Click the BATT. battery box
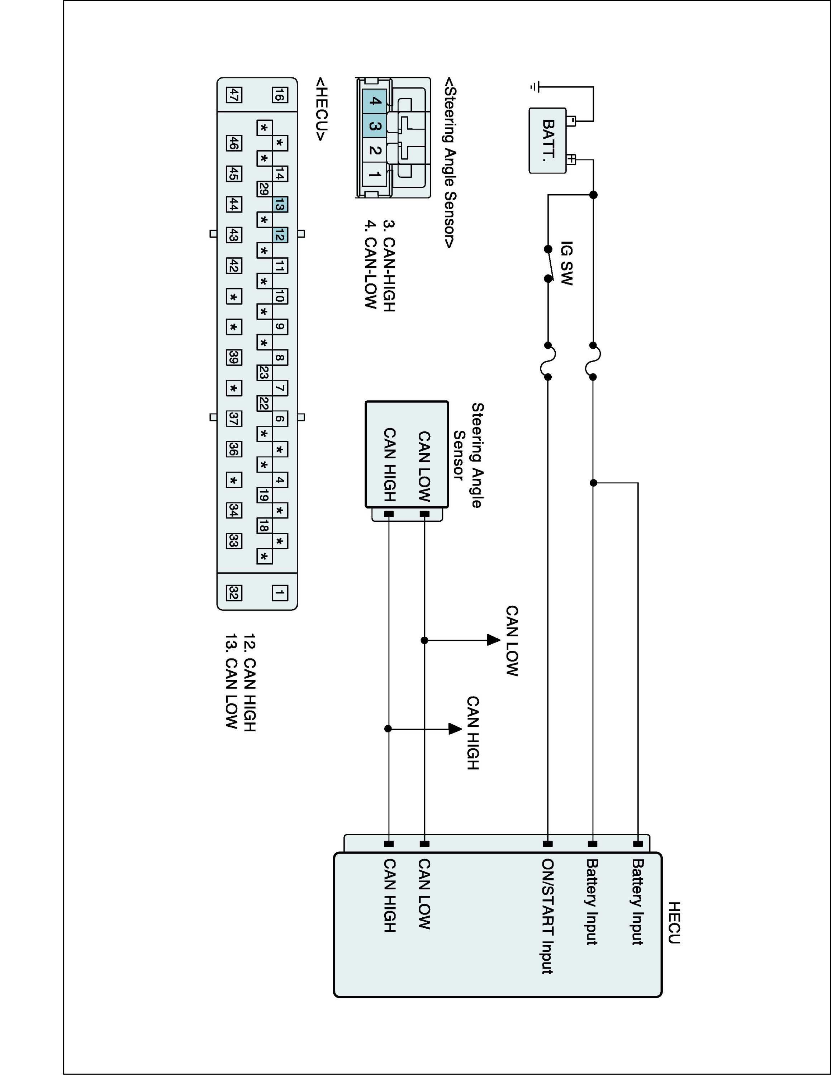click(547, 140)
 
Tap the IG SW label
click(567, 263)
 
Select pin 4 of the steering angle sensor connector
click(375, 101)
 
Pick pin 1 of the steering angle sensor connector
click(375, 174)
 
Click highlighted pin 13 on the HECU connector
click(280, 205)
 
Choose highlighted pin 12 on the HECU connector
click(280, 235)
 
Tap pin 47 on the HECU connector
click(234, 95)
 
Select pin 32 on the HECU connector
click(234, 593)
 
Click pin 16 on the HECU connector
click(280, 95)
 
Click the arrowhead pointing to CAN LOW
click(493, 640)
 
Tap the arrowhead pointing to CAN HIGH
click(455, 728)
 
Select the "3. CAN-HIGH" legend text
click(389, 266)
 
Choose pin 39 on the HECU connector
click(234, 357)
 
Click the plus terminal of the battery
click(571, 159)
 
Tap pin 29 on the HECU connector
click(264, 189)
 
